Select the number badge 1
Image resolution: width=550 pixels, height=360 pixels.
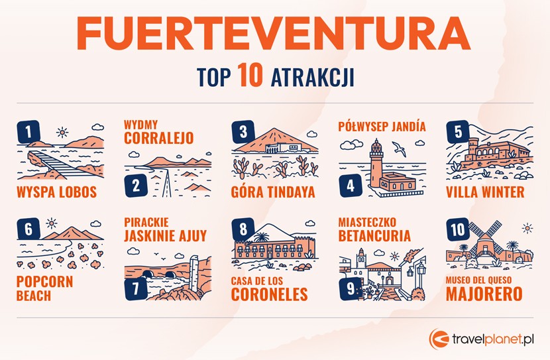[x=28, y=131]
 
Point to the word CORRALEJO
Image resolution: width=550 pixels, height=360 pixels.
[x=159, y=139]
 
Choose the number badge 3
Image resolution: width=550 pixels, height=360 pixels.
[x=243, y=131]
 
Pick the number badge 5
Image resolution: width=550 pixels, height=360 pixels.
[x=457, y=131]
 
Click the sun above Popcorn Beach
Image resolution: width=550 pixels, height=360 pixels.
[x=52, y=224]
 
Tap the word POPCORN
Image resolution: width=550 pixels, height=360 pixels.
[x=44, y=281]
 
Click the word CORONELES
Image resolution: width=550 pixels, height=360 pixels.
[x=269, y=294]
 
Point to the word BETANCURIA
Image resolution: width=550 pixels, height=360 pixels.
[x=374, y=235]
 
